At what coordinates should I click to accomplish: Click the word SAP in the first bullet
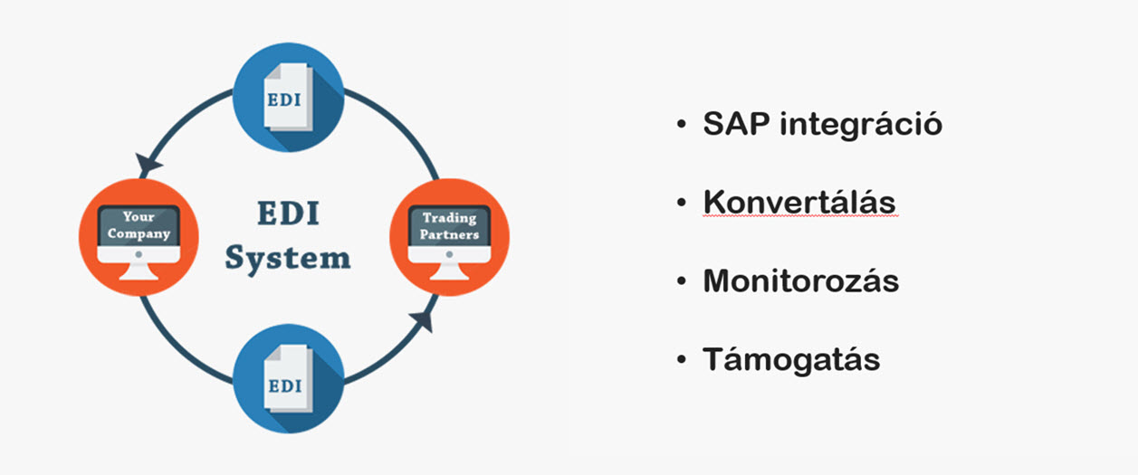tap(736, 123)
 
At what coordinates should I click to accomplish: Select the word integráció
tap(861, 124)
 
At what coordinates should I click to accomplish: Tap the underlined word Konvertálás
tap(799, 202)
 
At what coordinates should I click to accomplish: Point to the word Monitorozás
tap(801, 280)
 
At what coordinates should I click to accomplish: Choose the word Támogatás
tap(791, 360)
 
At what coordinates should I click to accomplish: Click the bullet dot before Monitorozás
tap(682, 281)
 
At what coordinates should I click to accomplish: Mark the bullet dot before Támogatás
tap(682, 360)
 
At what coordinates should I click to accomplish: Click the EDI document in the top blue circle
tap(288, 97)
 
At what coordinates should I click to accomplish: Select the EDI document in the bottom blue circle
tap(288, 378)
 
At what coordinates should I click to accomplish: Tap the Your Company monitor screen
tap(139, 226)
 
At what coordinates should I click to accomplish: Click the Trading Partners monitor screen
tap(450, 226)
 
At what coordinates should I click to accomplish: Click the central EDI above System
tap(288, 214)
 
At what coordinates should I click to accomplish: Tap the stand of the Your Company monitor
tap(139, 271)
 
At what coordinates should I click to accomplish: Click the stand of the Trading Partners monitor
tap(450, 271)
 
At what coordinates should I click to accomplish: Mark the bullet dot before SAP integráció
tap(682, 124)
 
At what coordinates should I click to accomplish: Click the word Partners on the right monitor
tap(450, 234)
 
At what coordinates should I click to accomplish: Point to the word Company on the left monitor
tap(139, 234)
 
